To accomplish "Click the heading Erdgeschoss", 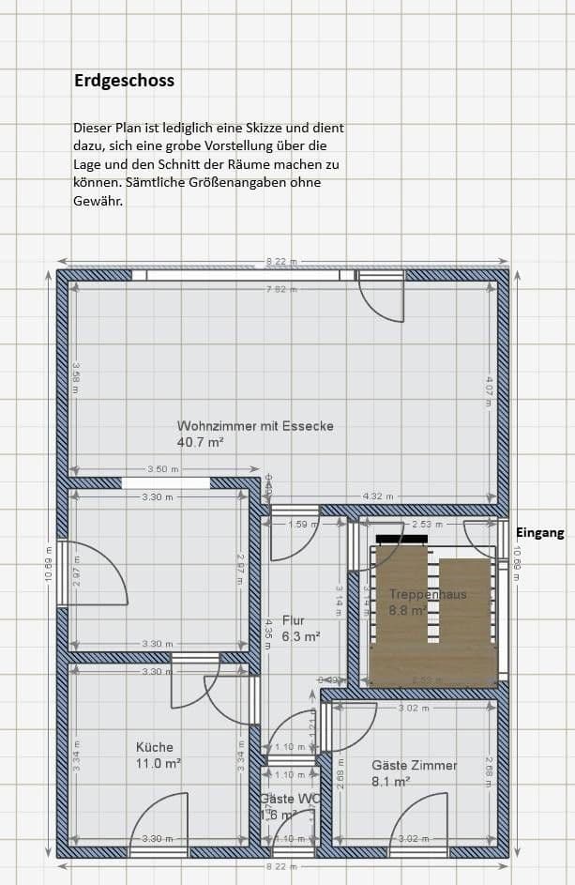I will click(x=124, y=81).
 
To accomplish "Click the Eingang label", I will click(x=540, y=532).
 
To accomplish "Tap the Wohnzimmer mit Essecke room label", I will click(x=255, y=426).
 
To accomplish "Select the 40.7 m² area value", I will click(x=200, y=441).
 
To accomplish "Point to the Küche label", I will click(x=155, y=747).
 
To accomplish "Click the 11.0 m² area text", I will click(x=159, y=764).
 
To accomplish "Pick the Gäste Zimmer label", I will click(x=415, y=765).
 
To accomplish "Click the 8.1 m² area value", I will click(x=390, y=781).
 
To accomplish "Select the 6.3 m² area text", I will click(x=301, y=635).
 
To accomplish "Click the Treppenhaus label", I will click(x=428, y=594).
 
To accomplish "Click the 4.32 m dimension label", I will click(x=378, y=496).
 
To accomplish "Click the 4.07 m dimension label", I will click(x=489, y=390).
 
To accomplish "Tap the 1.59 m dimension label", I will click(x=304, y=524).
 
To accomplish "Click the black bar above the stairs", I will click(x=401, y=539).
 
